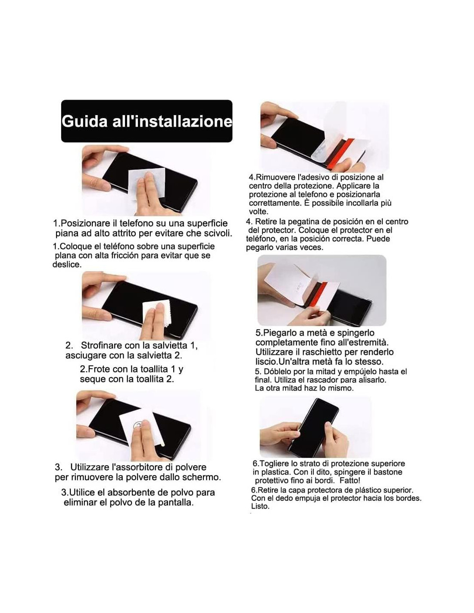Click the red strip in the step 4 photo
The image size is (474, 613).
tap(340, 154)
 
